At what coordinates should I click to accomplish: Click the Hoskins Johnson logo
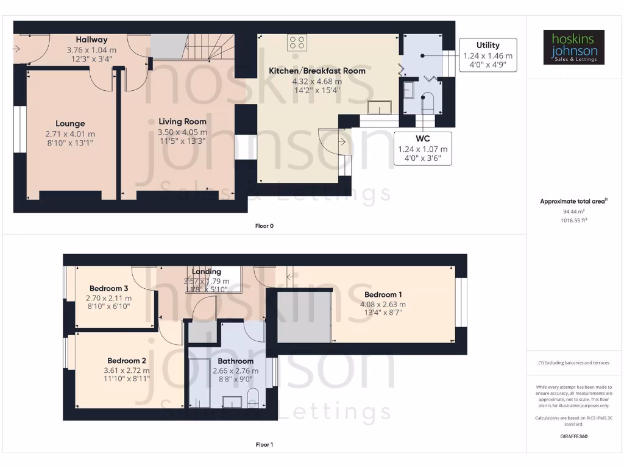(x=574, y=48)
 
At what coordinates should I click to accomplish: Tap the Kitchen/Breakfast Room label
(x=317, y=71)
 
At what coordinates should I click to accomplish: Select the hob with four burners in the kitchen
(x=298, y=42)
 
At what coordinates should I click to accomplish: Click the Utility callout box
(x=487, y=55)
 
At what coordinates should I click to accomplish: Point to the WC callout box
(x=423, y=148)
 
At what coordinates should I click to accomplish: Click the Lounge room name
(x=70, y=124)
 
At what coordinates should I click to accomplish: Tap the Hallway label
(x=91, y=40)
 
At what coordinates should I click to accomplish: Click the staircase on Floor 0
(x=210, y=46)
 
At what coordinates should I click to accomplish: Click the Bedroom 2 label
(x=127, y=360)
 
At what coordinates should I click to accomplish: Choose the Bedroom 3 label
(x=108, y=288)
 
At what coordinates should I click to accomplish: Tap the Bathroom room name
(x=235, y=361)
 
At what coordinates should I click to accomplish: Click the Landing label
(x=207, y=272)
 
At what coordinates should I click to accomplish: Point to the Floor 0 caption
(x=264, y=226)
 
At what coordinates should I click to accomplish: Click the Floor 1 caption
(x=264, y=444)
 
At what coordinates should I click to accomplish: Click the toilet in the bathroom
(x=253, y=399)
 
